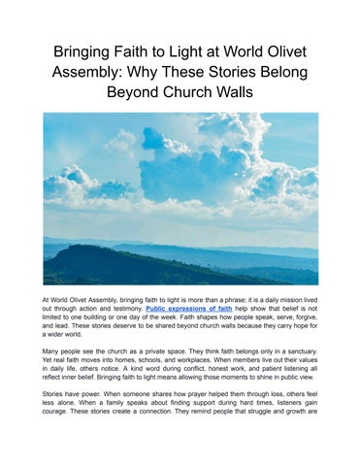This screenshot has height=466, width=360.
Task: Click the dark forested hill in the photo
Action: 97,264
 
